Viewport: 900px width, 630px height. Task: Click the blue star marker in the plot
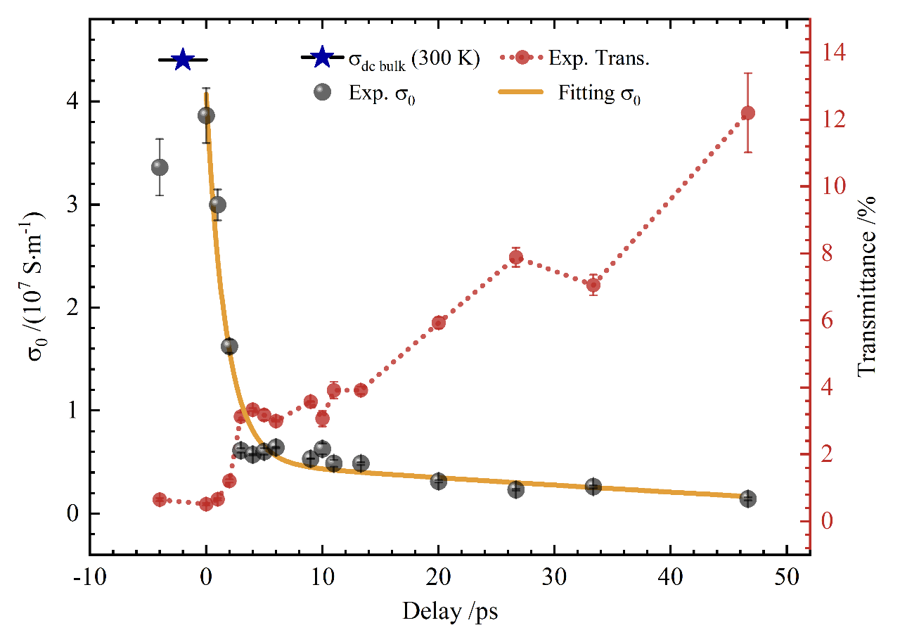[183, 60]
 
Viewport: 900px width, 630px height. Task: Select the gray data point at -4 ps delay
[160, 167]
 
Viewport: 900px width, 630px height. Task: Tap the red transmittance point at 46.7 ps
[748, 113]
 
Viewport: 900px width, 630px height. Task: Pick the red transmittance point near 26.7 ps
[516, 257]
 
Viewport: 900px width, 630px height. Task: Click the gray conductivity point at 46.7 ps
[748, 499]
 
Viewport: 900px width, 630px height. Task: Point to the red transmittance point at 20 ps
[439, 323]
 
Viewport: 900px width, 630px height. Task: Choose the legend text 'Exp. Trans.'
[598, 58]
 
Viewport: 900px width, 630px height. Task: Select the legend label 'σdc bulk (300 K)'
[414, 60]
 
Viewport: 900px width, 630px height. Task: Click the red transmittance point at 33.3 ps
[593, 285]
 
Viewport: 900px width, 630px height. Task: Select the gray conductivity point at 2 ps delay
[229, 346]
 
